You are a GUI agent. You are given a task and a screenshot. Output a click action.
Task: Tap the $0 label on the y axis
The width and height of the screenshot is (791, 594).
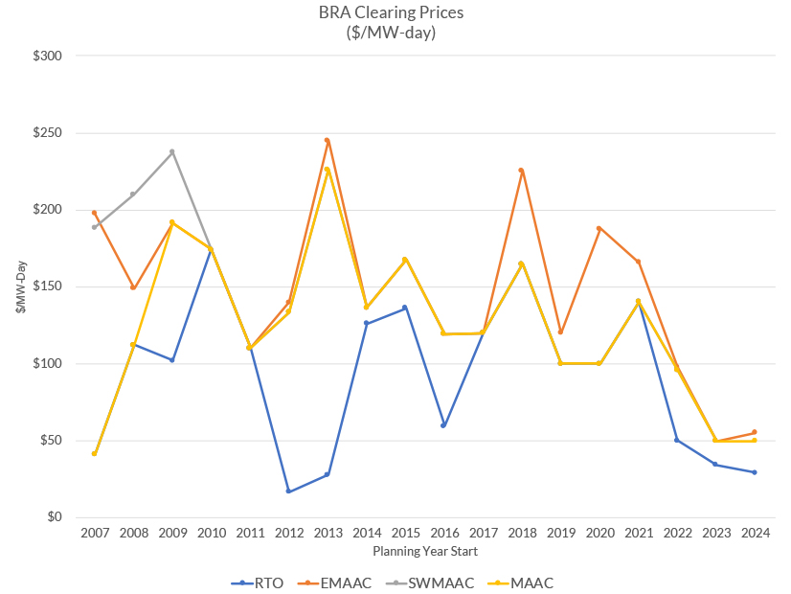pos(53,517)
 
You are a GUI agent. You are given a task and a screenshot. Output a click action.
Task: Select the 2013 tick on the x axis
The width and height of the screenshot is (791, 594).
pos(328,534)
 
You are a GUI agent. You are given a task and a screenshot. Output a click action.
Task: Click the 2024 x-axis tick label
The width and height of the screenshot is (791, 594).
pos(755,534)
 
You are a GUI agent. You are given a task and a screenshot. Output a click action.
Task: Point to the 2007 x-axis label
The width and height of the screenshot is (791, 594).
pos(95,534)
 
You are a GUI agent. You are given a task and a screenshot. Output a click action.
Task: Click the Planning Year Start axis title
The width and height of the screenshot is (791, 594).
pos(424,552)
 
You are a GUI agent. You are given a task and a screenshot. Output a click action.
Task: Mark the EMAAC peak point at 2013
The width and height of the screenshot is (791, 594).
pos(328,140)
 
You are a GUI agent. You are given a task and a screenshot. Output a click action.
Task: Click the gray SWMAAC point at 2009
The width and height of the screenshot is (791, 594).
pos(172,151)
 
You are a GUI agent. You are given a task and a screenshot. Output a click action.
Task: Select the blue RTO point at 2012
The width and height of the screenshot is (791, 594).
pos(288,491)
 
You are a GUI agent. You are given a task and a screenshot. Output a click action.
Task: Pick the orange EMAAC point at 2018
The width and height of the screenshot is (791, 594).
pos(521,171)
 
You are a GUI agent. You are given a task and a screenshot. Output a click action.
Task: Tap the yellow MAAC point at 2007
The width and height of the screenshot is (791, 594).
pos(95,453)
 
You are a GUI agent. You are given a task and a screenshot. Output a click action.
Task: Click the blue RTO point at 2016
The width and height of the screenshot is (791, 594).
pos(443,425)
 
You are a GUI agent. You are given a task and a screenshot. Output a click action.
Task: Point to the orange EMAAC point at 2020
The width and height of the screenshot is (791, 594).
pos(599,228)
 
